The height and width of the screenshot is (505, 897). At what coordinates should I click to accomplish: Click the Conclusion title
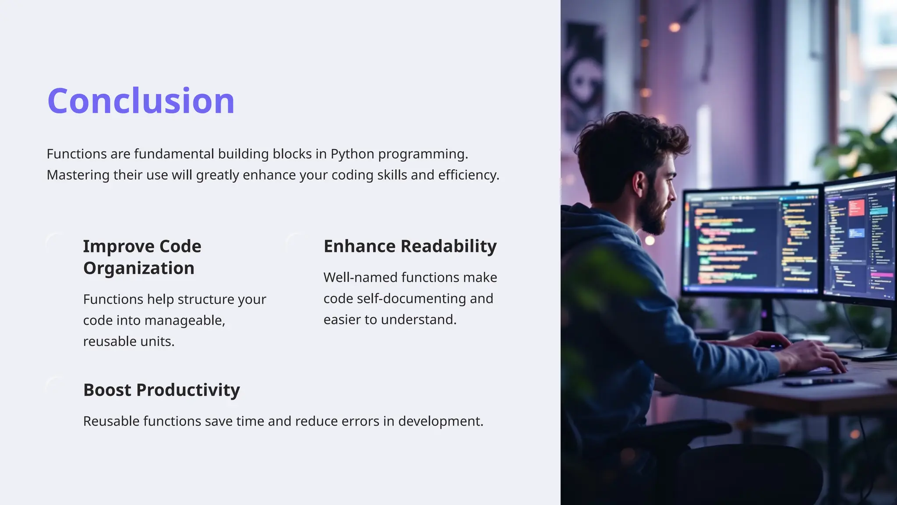pos(141,101)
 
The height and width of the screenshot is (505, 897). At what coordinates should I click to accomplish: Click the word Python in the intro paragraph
pos(352,154)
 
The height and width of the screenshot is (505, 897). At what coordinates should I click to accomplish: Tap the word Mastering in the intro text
pos(78,175)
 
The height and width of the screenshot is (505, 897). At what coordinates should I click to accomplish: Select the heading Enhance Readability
pos(410,246)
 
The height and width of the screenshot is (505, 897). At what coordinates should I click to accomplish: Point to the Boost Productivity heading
pos(161,390)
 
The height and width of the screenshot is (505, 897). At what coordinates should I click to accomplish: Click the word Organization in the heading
pos(138,268)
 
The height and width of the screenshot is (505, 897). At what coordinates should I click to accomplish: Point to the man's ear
pos(639,184)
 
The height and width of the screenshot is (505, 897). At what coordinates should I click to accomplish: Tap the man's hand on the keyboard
pos(815,355)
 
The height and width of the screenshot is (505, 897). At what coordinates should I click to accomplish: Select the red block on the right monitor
pos(857,207)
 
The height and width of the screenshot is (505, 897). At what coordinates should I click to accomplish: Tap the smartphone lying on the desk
pos(817,383)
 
